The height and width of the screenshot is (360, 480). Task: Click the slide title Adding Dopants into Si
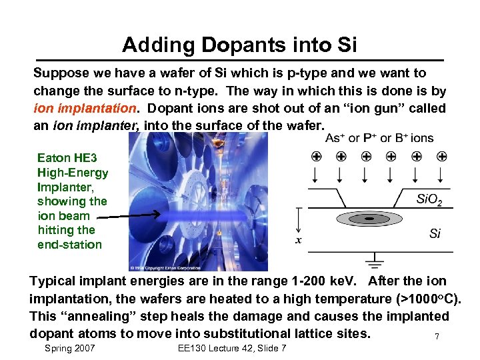coord(239,45)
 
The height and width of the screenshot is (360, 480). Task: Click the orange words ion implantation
coord(84,107)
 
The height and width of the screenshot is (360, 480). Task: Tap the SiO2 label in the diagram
coord(429,199)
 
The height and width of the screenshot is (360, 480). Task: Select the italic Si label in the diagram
coord(435,233)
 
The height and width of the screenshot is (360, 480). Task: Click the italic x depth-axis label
coord(298,240)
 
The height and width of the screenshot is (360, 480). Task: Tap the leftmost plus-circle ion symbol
coord(315,157)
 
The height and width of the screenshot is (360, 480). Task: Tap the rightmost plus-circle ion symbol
coord(441,157)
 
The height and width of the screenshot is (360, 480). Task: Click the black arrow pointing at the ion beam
coord(127,215)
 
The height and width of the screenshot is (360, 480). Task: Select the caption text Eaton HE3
coord(67,158)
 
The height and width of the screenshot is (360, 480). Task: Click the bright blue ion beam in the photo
coord(200,217)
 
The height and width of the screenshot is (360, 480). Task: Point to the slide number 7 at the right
coord(437,337)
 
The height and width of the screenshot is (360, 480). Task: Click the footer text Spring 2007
coord(69,349)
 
